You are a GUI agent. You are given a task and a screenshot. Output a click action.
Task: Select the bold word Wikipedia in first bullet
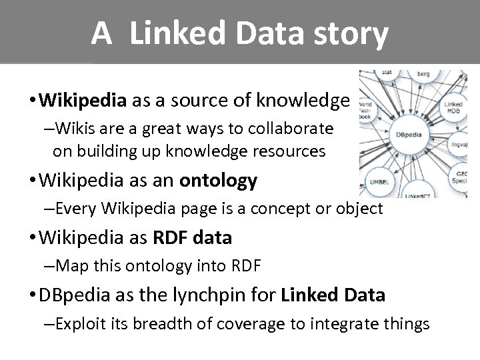tap(83, 101)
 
